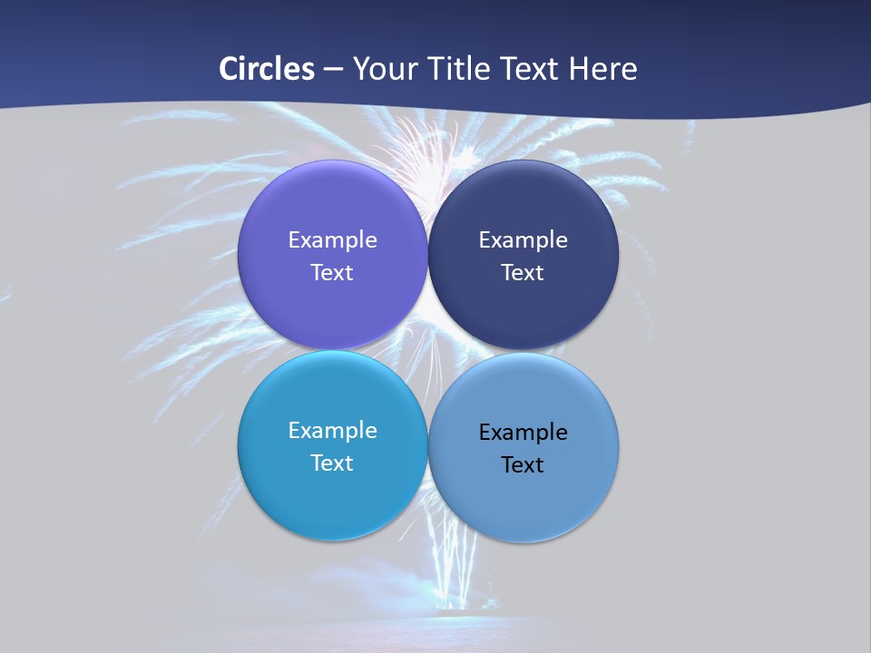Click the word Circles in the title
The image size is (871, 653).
click(267, 69)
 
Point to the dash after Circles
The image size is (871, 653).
click(333, 70)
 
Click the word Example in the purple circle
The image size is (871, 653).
click(332, 239)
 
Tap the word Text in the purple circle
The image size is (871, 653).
click(332, 272)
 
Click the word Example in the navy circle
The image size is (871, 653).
click(523, 239)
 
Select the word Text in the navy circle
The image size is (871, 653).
click(523, 272)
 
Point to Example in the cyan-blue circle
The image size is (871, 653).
click(332, 430)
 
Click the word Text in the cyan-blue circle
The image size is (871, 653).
click(332, 463)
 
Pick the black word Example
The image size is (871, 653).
click(523, 432)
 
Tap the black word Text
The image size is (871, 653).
click(523, 464)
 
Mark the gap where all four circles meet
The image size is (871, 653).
click(427, 350)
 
